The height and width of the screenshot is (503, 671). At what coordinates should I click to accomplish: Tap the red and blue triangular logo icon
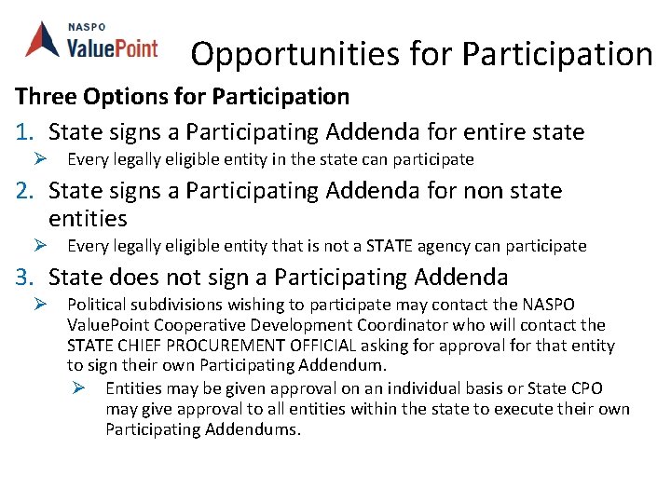[x=43, y=38]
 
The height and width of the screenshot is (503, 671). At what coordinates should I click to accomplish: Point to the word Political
[x=98, y=305]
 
